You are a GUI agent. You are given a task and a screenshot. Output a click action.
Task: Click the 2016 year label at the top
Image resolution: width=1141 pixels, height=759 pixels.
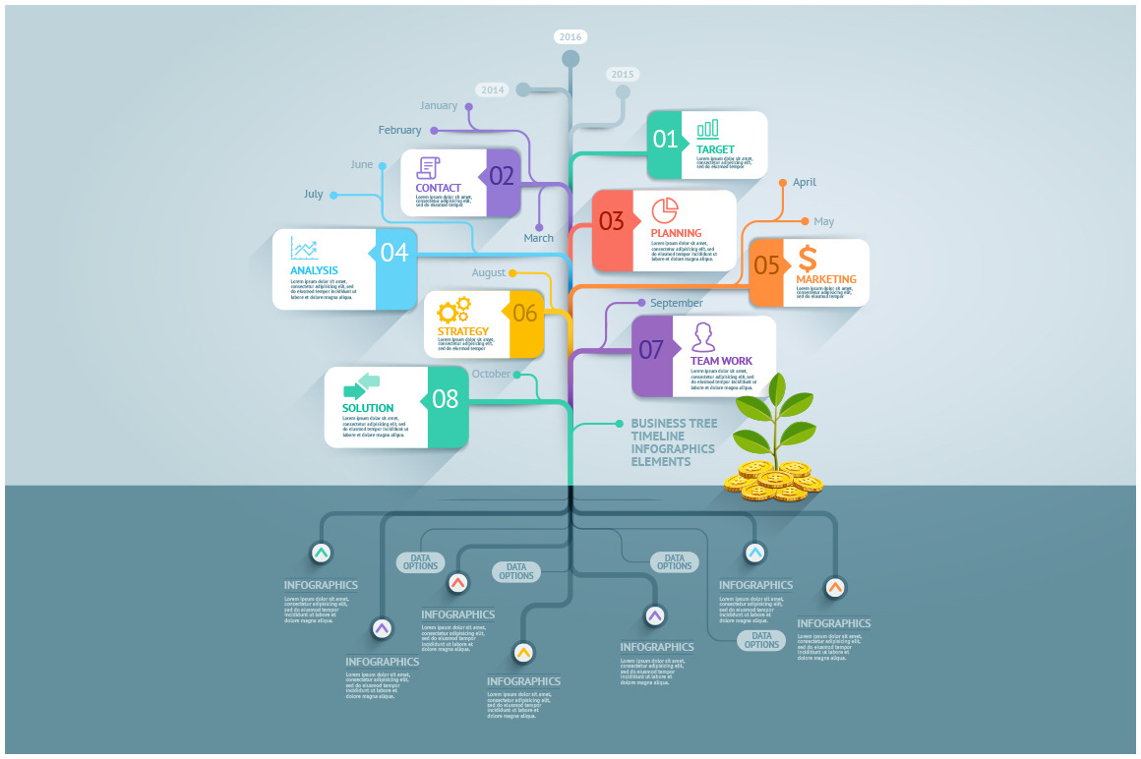click(x=570, y=37)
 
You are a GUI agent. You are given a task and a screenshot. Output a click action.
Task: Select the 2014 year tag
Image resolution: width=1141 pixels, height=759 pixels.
click(x=493, y=89)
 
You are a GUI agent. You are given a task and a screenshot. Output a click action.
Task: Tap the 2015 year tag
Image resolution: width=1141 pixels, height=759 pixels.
click(x=622, y=74)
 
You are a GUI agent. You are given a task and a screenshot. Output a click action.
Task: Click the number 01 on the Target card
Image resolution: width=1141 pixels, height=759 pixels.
click(x=666, y=140)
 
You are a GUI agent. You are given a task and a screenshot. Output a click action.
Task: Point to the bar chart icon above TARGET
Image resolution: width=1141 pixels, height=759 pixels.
click(x=707, y=130)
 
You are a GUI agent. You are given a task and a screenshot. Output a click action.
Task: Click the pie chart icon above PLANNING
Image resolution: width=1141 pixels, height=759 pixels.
click(x=665, y=210)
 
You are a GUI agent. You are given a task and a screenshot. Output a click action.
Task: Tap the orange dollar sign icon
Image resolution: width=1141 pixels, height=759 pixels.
click(x=808, y=259)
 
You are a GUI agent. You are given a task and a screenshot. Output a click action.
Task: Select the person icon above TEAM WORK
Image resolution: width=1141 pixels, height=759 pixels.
click(x=702, y=337)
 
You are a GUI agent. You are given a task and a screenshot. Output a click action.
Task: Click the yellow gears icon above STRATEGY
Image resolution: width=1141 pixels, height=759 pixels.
click(x=454, y=311)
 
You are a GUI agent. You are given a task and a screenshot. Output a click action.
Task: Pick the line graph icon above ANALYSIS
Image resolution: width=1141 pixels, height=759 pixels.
click(x=305, y=250)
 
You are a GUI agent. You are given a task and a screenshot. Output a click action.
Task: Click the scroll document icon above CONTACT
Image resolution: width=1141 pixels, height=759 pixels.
click(x=428, y=167)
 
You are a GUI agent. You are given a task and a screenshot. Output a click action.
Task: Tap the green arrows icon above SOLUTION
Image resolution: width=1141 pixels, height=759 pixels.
click(x=361, y=386)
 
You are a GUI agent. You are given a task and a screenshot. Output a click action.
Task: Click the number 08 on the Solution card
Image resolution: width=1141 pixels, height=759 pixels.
click(x=446, y=398)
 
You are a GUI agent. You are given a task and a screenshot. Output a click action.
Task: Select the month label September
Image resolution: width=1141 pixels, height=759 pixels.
click(x=677, y=304)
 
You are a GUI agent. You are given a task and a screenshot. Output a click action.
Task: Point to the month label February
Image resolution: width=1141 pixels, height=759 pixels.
click(x=399, y=130)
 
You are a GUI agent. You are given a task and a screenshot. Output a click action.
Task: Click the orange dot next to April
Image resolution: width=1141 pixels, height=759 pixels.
click(x=783, y=182)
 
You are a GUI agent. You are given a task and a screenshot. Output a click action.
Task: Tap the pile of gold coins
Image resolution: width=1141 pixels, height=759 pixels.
click(x=773, y=481)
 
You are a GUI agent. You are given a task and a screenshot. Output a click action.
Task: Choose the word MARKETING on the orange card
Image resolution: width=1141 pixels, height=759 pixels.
click(x=826, y=279)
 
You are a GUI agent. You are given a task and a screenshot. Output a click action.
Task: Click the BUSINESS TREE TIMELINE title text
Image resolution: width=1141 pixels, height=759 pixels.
click(x=674, y=442)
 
